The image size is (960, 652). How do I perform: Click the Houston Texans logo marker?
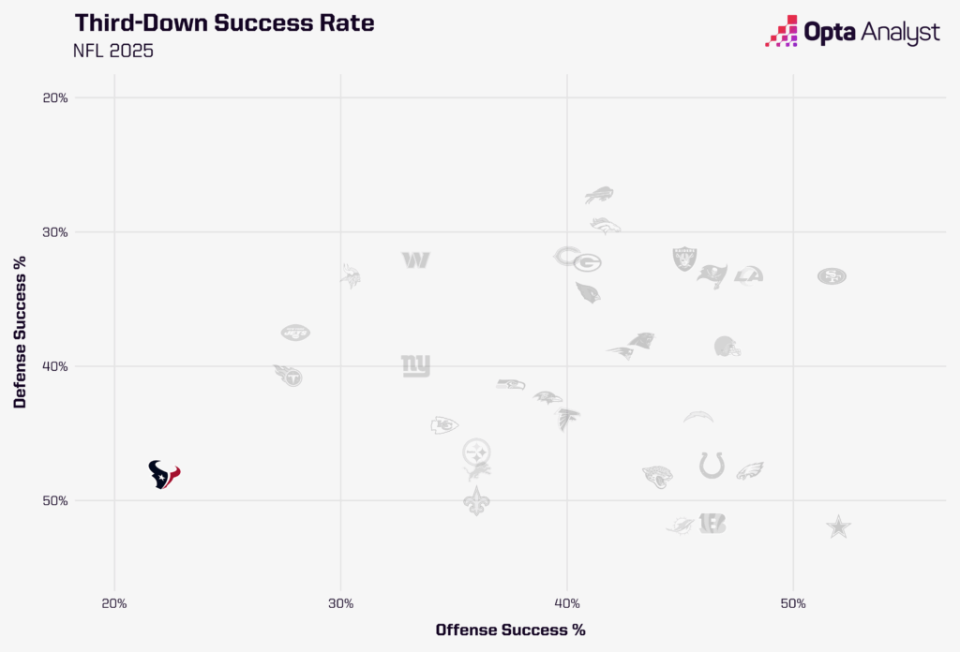pyautogui.click(x=163, y=475)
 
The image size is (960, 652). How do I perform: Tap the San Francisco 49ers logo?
pyautogui.click(x=832, y=275)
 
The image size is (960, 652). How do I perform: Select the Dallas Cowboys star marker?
pyautogui.click(x=839, y=526)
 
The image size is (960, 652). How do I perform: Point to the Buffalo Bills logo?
pyautogui.click(x=599, y=195)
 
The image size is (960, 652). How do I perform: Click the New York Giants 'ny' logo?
pyautogui.click(x=415, y=365)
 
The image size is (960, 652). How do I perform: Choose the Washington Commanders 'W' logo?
pyautogui.click(x=416, y=259)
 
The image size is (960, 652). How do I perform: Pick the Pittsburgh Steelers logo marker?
pyautogui.click(x=477, y=451)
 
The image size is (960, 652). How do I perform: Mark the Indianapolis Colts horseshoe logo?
pyautogui.click(x=712, y=465)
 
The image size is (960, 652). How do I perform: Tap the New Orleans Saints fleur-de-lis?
pyautogui.click(x=477, y=500)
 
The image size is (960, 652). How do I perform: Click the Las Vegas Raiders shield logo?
pyautogui.click(x=685, y=259)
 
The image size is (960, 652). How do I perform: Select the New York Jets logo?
pyautogui.click(x=295, y=333)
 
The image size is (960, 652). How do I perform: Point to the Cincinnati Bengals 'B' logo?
pyautogui.click(x=712, y=524)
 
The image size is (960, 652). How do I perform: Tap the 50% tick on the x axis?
pyautogui.click(x=793, y=602)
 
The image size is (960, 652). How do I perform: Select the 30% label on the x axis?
pyautogui.click(x=340, y=602)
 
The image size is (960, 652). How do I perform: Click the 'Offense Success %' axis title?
pyautogui.click(x=510, y=630)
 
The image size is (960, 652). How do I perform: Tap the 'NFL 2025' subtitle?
pyautogui.click(x=112, y=51)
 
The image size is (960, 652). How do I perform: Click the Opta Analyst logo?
pyautogui.click(x=852, y=32)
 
